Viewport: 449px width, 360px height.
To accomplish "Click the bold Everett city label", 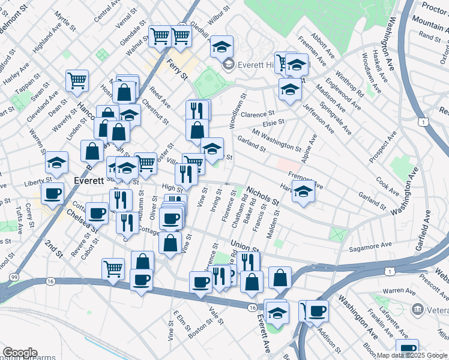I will (89, 180).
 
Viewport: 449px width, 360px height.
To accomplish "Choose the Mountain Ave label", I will (430, 23).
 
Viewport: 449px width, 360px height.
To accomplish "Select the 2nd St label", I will (53, 249).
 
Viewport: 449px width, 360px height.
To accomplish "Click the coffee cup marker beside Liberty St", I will (52, 193).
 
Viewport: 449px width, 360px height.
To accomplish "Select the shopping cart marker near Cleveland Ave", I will (77, 80).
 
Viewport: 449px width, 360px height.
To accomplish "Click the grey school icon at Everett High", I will (228, 64).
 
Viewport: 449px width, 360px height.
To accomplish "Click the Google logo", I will (20, 353).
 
